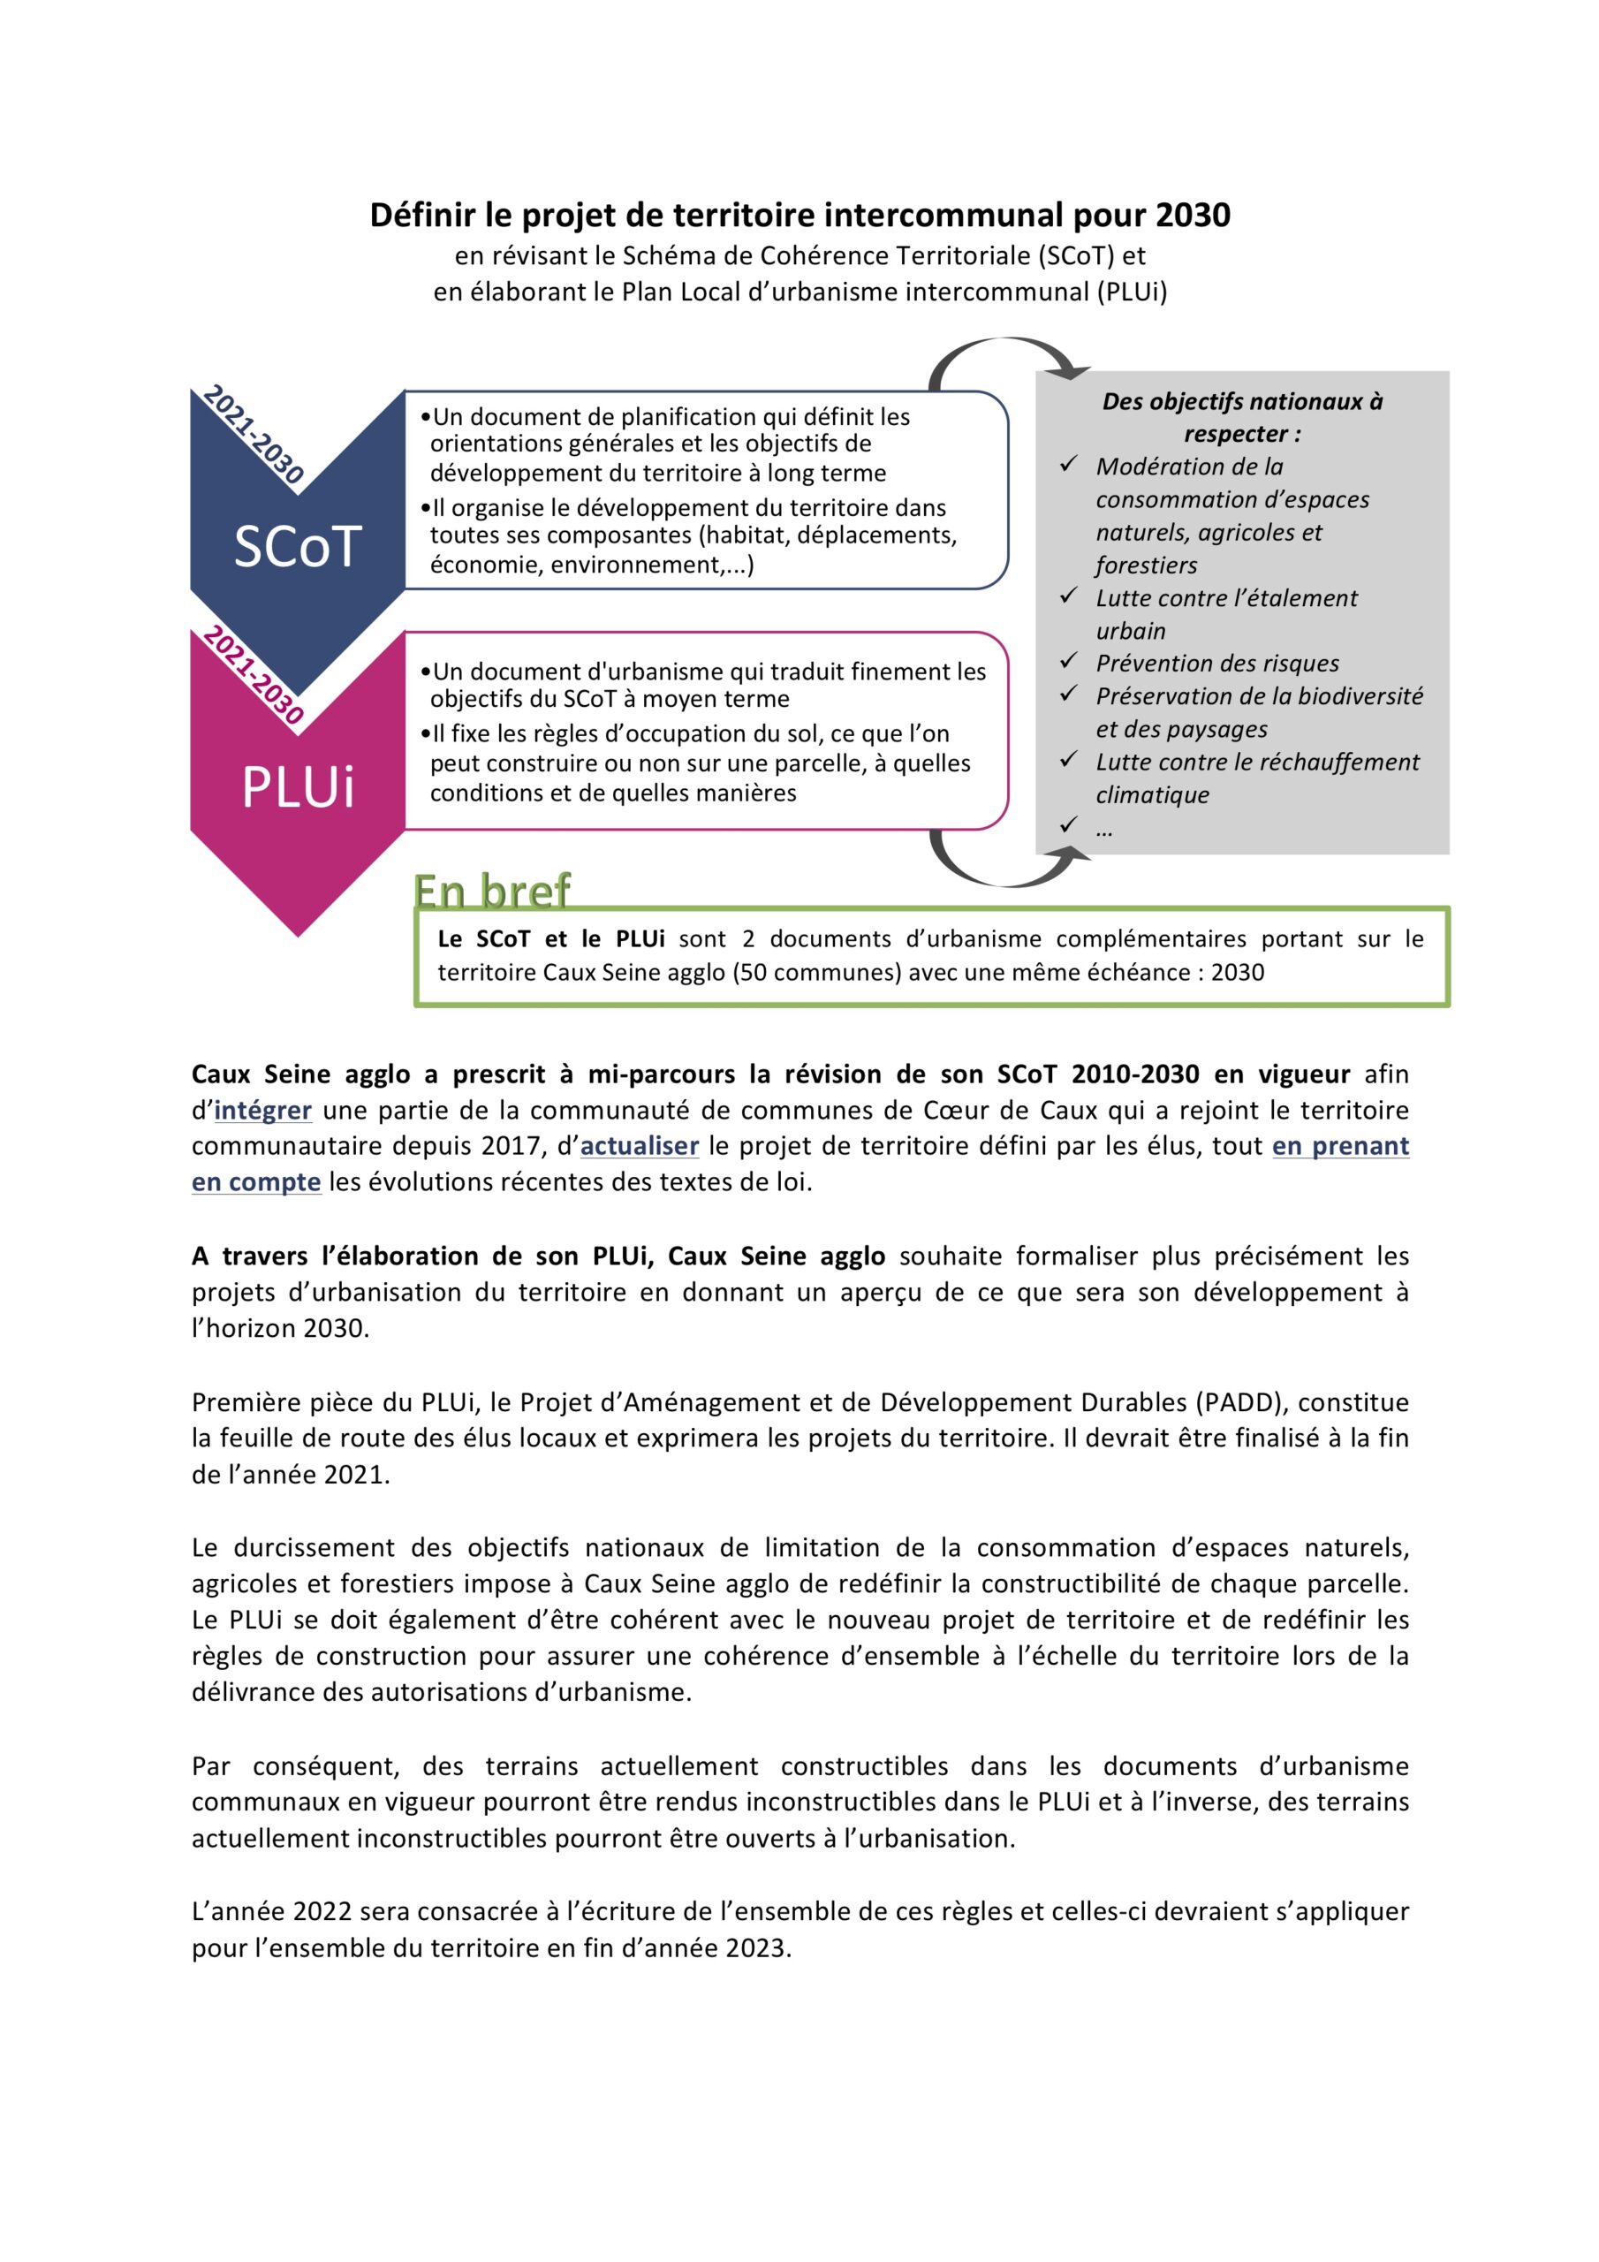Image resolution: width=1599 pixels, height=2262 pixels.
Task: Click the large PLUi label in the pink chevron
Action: point(298,787)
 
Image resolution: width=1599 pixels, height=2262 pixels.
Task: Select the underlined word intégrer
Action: point(263,1111)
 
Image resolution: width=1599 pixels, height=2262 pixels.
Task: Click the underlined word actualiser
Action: point(640,1146)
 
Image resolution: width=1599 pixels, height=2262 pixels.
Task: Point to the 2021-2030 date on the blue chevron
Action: point(254,435)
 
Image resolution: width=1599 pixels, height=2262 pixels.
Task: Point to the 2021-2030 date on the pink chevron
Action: point(254,676)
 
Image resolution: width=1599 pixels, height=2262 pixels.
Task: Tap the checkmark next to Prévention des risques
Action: point(1068,661)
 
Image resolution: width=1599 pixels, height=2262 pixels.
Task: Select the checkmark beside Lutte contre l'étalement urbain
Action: point(1068,596)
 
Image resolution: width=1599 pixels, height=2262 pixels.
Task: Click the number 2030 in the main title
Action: point(1194,215)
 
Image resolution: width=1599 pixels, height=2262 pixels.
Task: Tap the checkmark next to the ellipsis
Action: point(1068,825)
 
